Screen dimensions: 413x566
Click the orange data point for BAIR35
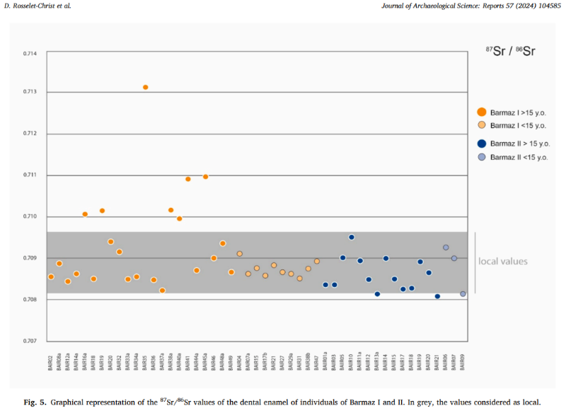145,87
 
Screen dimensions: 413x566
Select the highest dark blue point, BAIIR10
352,237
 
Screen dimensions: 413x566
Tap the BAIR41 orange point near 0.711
188,179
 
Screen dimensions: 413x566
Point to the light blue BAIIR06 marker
446,248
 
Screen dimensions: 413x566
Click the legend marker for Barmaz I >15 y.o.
481,112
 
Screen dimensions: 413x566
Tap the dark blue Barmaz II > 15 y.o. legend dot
481,144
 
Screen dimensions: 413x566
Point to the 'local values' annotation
503,262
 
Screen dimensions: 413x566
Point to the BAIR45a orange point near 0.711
205,177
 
